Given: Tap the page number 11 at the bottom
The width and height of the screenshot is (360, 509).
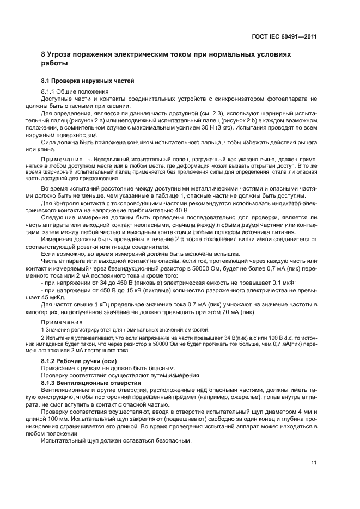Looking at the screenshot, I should coord(314,463).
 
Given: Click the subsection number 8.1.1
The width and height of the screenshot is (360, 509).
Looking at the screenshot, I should coord(50,91).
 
